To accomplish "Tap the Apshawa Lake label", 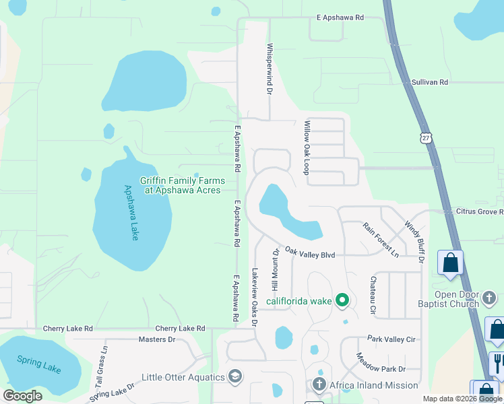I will tap(132, 213).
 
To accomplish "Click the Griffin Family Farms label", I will tap(181, 185).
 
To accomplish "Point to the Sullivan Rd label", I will tap(429, 82).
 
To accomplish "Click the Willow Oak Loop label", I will tap(307, 145).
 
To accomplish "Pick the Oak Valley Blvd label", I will tap(310, 252).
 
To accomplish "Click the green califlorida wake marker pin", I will tap(342, 300).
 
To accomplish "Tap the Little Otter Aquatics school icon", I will tap(235, 376).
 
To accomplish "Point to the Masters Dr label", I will tap(156, 339).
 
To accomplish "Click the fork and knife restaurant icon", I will tap(498, 364).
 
